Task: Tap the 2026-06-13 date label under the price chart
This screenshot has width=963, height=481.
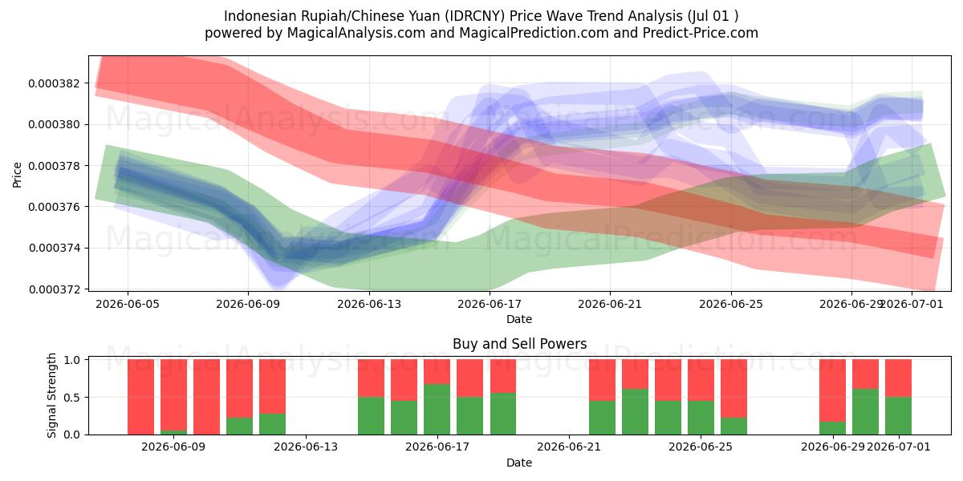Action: [369, 304]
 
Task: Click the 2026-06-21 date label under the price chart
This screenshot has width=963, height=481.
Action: [610, 304]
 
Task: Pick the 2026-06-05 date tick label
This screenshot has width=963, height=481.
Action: [128, 304]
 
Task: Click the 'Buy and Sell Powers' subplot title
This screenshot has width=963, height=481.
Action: [519, 344]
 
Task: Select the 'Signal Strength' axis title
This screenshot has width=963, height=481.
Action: [51, 395]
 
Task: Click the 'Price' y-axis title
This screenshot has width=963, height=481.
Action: [17, 176]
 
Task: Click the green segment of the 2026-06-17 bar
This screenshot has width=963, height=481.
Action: [437, 410]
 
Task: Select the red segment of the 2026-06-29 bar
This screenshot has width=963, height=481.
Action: [832, 390]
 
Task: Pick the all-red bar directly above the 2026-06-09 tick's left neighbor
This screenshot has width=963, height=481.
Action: [140, 397]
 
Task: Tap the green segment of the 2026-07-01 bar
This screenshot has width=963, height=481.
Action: [898, 416]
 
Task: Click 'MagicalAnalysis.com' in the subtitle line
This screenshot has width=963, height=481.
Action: [356, 33]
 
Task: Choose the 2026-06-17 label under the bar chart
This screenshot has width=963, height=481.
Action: [437, 447]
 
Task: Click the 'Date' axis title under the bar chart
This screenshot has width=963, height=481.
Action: [519, 463]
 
